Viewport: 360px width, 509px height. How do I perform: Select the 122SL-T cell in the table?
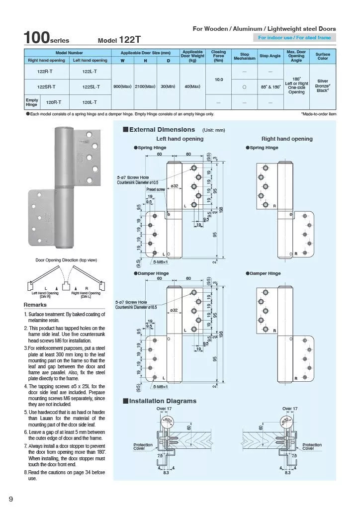point(90,86)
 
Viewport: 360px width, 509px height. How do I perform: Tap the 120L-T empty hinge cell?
point(90,102)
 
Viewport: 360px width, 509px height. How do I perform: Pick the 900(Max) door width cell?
point(122,86)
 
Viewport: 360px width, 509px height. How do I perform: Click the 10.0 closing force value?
point(218,79)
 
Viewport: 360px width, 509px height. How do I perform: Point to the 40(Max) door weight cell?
point(192,86)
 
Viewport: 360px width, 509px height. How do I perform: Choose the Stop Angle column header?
point(270,56)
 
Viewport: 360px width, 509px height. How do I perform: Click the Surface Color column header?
point(323,56)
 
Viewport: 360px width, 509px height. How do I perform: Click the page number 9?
point(10,498)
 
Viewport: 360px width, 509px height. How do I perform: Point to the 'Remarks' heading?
point(35,305)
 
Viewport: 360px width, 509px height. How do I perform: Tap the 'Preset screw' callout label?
point(155,189)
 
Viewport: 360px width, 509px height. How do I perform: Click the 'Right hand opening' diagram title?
point(287,139)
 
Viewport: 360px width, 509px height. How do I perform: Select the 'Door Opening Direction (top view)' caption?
point(66,260)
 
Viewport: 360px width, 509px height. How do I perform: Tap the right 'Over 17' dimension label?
point(290,409)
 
